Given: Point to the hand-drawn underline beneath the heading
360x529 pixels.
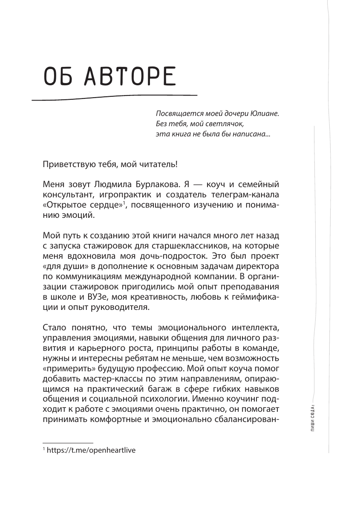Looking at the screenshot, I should pyautogui.click(x=115, y=97).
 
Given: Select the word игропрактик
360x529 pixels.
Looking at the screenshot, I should pyautogui.click(x=110, y=196).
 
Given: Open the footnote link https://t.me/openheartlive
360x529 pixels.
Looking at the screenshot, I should pyautogui.click(x=93, y=450).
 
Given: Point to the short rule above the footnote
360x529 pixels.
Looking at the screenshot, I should pyautogui.click(x=68, y=443).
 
